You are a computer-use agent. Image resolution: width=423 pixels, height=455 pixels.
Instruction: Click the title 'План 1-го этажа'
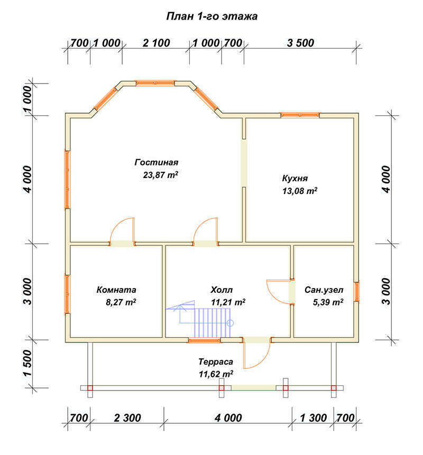[x=212, y=16]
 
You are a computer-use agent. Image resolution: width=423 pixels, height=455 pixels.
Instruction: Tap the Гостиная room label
[x=156, y=162]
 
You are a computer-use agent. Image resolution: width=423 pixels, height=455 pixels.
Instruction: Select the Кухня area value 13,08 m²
[x=300, y=191]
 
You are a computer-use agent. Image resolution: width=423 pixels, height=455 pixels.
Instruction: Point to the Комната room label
[x=116, y=290]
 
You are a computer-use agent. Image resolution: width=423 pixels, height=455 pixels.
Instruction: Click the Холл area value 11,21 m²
[x=228, y=302]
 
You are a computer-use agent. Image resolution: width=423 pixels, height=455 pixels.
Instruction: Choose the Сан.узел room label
[x=324, y=290]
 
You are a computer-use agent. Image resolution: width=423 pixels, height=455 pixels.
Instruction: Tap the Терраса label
[x=216, y=361]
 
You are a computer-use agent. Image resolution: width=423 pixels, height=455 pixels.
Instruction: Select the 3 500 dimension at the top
[x=300, y=43]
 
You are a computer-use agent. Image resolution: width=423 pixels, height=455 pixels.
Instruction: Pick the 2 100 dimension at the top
[x=156, y=43]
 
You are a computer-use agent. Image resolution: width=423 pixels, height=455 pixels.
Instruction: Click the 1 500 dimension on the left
[x=27, y=363]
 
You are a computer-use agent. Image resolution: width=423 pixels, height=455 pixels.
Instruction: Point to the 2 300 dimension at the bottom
[x=127, y=418]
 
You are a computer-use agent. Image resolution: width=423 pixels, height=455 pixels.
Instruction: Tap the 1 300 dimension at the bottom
[x=313, y=418]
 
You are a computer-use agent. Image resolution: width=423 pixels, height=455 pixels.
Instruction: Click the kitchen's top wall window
[x=300, y=115]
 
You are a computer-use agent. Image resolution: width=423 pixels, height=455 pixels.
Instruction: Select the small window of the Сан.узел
[x=356, y=292]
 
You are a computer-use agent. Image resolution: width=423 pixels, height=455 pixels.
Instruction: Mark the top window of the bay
[x=155, y=83]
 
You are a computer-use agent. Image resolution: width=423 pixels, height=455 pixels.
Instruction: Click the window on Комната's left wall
[x=67, y=294]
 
